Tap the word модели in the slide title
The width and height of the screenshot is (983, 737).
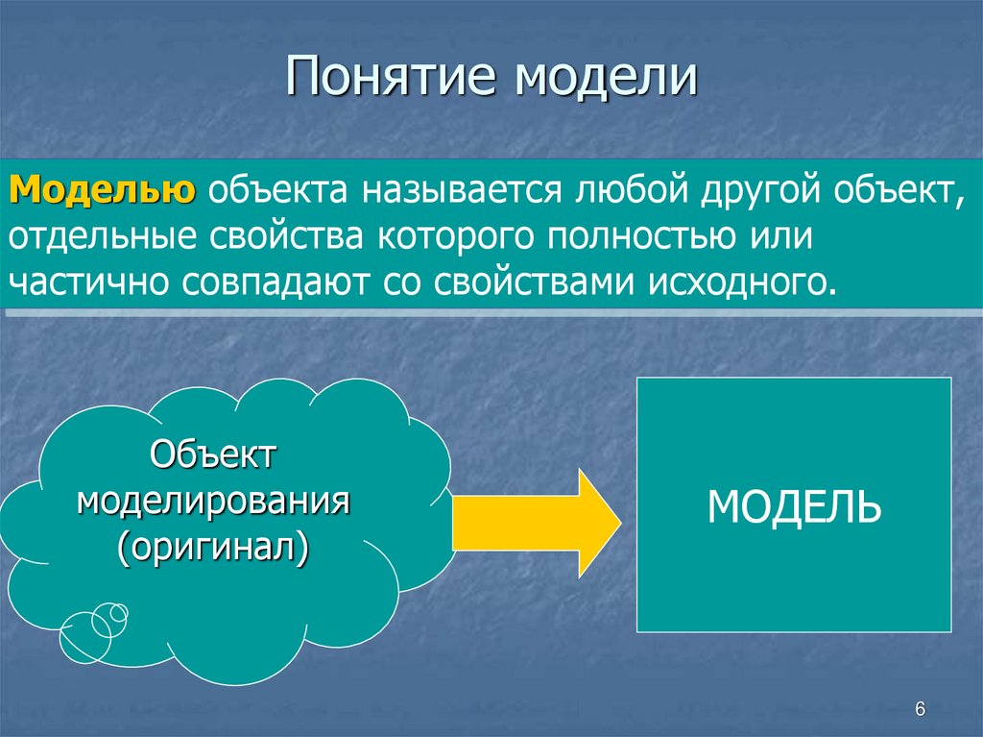(x=606, y=78)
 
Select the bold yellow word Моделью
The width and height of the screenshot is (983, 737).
(x=104, y=188)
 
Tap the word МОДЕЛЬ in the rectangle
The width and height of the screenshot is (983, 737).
(x=794, y=505)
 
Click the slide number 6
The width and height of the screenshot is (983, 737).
(x=920, y=709)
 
